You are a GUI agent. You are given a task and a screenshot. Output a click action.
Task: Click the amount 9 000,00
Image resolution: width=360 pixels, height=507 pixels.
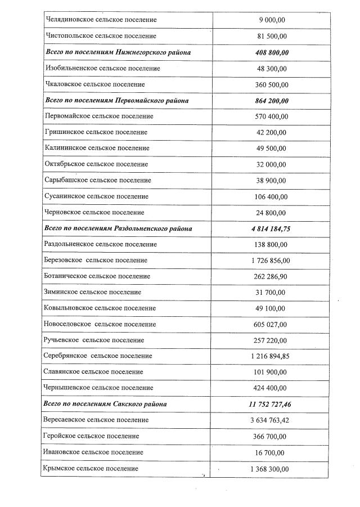pos(272,20)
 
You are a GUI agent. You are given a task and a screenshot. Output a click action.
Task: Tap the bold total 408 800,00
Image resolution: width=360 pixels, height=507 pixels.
pos(272,52)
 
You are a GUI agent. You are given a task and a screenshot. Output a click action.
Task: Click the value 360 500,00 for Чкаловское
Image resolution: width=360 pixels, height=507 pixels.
pos(272,84)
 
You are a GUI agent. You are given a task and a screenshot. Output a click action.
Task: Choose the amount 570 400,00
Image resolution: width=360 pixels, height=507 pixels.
pos(272,116)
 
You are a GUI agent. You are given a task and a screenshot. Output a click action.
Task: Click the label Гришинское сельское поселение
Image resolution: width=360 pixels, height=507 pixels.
pos(95,132)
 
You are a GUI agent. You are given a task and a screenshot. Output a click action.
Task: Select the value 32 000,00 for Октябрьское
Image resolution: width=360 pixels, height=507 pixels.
pos(272,164)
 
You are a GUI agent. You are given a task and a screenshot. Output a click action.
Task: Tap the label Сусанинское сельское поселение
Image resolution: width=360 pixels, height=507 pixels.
pos(96,196)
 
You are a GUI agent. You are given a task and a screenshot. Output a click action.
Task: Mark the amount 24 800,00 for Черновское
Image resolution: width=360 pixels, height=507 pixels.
pos(272,213)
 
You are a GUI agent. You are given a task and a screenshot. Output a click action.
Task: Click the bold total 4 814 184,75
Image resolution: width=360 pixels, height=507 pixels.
pos(272,229)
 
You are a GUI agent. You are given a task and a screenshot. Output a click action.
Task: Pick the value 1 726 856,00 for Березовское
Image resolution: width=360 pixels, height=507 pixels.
pos(272,261)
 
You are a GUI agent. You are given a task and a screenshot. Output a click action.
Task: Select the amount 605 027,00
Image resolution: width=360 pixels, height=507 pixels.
pos(272,325)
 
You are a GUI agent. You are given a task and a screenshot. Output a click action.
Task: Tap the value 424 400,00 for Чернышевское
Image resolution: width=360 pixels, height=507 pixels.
pos(272,388)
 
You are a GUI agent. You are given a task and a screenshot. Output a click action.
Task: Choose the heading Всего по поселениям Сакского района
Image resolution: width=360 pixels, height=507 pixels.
pos(105,404)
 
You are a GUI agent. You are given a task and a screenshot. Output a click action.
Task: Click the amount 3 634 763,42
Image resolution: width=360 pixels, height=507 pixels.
pos(272,420)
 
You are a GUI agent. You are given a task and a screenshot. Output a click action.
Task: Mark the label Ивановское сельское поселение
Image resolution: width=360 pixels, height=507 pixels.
pos(92,452)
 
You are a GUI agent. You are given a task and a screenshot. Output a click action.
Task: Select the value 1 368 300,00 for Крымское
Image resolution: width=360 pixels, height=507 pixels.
pos(272,469)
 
